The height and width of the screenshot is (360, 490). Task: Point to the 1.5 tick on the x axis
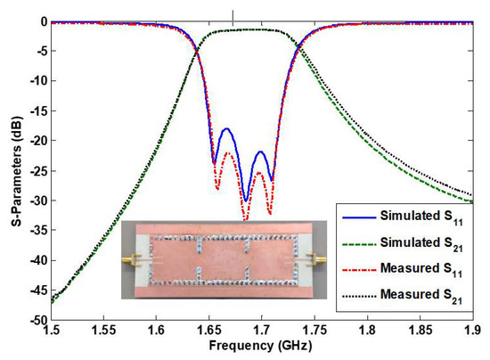52,329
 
